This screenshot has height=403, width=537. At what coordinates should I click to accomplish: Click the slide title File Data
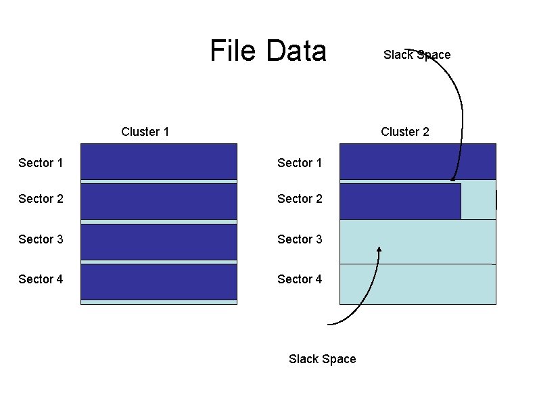(268, 51)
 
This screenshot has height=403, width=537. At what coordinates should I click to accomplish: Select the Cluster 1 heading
(145, 132)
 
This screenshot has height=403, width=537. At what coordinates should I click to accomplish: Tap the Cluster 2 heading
(404, 132)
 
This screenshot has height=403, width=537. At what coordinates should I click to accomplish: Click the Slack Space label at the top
(417, 55)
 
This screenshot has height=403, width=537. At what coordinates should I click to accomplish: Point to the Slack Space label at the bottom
(322, 359)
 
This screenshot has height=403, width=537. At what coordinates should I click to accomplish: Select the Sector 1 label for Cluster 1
(41, 163)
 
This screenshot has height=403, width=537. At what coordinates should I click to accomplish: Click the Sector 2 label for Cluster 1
(41, 199)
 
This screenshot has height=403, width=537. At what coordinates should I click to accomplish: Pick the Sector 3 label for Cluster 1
(41, 239)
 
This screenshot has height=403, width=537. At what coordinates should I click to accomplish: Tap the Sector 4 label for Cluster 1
(41, 279)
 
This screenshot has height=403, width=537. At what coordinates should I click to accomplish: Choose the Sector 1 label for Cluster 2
(300, 163)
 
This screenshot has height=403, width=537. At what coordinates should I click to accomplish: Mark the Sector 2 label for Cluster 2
(300, 199)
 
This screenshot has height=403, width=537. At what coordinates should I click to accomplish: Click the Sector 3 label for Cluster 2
(300, 239)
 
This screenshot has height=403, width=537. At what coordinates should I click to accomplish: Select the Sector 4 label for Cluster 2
(300, 279)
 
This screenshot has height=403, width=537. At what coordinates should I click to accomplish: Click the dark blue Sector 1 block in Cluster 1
(158, 162)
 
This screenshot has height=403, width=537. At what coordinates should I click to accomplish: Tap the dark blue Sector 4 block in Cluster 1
(158, 281)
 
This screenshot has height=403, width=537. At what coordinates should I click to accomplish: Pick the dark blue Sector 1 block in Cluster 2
(417, 161)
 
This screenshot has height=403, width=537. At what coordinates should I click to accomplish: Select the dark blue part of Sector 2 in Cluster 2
(400, 201)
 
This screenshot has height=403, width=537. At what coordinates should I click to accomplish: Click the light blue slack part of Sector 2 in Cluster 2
(478, 200)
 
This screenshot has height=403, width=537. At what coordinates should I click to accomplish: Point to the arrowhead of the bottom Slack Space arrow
(379, 250)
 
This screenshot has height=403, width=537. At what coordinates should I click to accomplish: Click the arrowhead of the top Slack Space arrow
(452, 179)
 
